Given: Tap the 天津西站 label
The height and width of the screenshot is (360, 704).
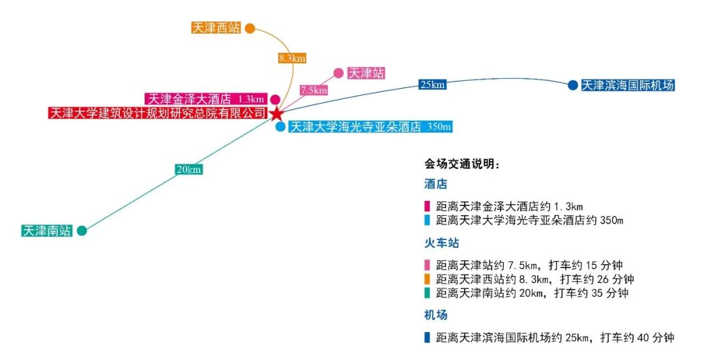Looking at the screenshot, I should (x=216, y=28).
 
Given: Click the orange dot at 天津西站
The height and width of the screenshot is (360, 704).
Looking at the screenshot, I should (x=249, y=28).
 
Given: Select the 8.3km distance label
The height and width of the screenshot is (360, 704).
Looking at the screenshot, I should (x=292, y=58).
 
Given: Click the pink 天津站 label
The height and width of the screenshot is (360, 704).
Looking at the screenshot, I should (x=366, y=73).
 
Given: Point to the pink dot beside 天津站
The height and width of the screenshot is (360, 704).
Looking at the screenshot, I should (x=338, y=73).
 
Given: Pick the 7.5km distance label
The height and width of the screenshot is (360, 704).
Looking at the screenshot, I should (x=314, y=91).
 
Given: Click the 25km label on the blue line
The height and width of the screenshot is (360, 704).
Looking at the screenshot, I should (x=433, y=84).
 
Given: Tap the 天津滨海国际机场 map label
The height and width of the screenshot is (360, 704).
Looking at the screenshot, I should (x=627, y=85).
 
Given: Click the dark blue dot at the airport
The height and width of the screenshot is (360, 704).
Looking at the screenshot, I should (x=572, y=85).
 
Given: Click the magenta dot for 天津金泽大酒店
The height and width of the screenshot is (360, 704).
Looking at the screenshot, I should (x=276, y=99).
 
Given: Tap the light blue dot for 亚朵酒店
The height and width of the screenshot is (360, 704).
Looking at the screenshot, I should (x=280, y=127).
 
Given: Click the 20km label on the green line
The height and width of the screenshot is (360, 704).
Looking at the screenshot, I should (x=189, y=170).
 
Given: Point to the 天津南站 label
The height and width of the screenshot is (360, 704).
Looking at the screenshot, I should (x=46, y=231).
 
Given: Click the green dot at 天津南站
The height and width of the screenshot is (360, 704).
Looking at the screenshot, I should (x=81, y=231).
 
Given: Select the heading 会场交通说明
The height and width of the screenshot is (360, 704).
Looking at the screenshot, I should (x=462, y=164).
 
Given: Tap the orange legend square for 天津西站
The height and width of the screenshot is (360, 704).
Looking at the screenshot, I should (x=427, y=279).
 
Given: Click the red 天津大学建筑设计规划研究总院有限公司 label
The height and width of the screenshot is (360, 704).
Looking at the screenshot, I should (x=158, y=113).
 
